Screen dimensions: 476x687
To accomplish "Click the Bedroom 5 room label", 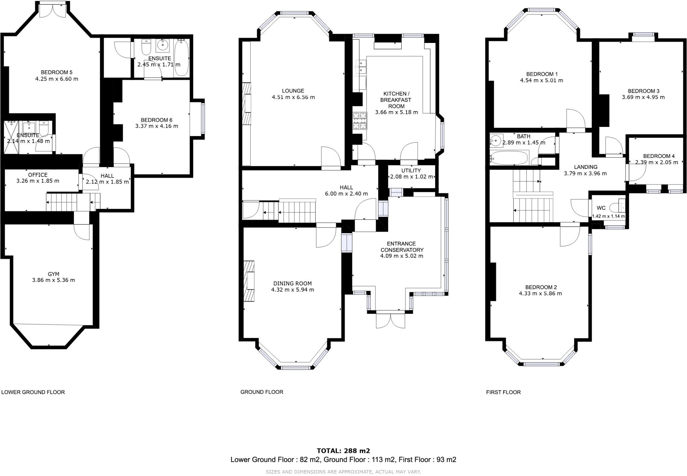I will (56, 72).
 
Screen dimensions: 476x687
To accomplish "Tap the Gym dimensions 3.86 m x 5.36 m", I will (53, 280).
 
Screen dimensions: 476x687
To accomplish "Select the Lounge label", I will (293, 91).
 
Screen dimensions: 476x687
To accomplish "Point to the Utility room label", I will (411, 171).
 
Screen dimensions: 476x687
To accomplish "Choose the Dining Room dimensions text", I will (292, 290).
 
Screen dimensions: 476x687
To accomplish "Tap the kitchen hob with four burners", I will (360, 121).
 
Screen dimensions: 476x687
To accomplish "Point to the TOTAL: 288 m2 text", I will (343, 451).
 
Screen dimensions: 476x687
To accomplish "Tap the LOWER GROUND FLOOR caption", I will (33, 392).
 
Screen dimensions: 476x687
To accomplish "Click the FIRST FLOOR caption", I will (503, 392).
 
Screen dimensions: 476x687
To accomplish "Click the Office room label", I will (38, 175).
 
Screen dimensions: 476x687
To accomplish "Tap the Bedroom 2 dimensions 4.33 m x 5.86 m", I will (540, 293).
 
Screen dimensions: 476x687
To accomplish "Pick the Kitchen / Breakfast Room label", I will (396, 100).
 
